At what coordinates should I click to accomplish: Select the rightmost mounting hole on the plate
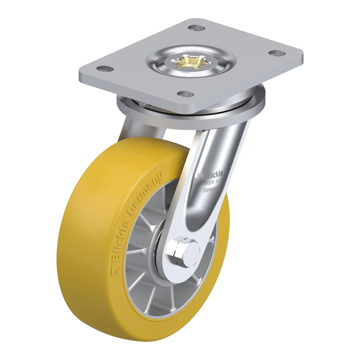tap(277, 53)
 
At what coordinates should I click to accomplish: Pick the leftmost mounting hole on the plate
tap(105, 69)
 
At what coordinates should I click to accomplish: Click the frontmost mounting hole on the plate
tap(185, 94)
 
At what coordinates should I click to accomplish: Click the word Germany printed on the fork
tap(210, 189)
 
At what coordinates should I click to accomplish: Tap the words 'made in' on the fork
tap(211, 182)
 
